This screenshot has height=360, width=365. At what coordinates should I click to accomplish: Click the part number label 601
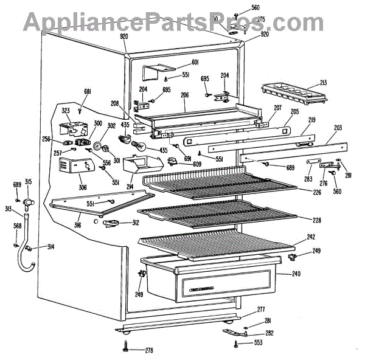pyautogui.click(x=195, y=63)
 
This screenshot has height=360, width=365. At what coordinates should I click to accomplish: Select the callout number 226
pyautogui.click(x=317, y=194)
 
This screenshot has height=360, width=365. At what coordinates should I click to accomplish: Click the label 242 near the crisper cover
pyautogui.click(x=311, y=237)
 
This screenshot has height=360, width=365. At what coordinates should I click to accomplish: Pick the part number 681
pyautogui.click(x=87, y=92)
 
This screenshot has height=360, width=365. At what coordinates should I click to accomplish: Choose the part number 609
pyautogui.click(x=197, y=165)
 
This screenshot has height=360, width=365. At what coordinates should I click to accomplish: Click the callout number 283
pyautogui.click(x=308, y=179)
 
